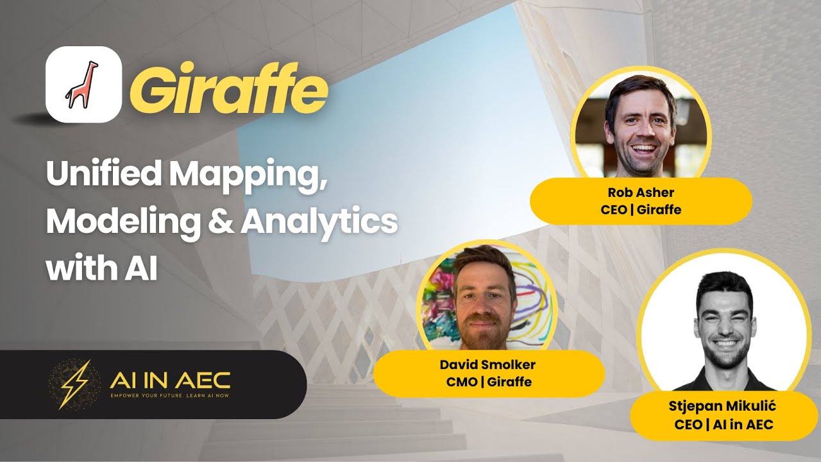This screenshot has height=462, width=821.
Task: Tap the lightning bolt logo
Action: click(74, 384)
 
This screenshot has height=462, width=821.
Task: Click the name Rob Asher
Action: click(641, 193)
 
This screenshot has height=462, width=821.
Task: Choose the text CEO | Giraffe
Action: click(641, 209)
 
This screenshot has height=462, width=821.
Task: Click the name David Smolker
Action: click(487, 365)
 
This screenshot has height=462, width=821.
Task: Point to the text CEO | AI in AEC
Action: click(724, 424)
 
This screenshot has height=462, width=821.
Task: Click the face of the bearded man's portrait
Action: click(486, 300)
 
